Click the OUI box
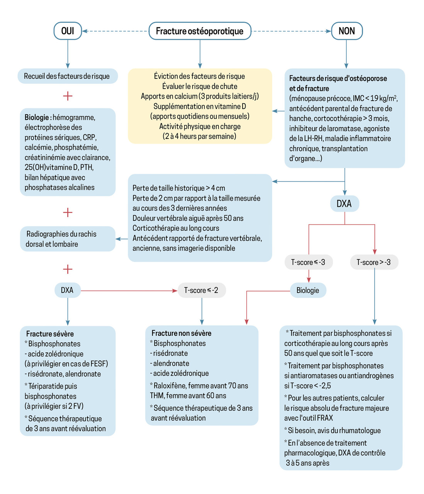pos(68,31)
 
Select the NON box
pos(346,31)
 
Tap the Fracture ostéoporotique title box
pos(200,31)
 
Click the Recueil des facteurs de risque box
pos(67,76)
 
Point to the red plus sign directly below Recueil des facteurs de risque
pos(68,96)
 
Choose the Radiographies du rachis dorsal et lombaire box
pos(68,239)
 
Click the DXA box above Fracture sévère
pos(67,290)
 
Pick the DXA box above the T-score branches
pos(344,203)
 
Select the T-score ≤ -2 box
pos(201,290)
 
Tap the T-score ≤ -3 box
pos(308,262)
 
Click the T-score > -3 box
pos(373,262)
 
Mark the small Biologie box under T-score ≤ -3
pos(308,290)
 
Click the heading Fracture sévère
pos(50,334)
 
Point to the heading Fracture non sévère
pos(181,333)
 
